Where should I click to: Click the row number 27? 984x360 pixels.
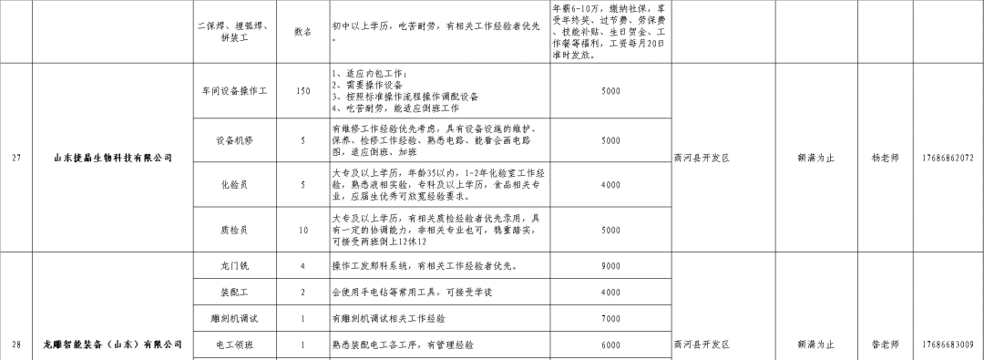pyautogui.click(x=16, y=158)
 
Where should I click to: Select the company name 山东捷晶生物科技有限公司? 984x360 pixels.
pyautogui.click(x=112, y=158)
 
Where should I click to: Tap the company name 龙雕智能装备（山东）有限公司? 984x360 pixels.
pyautogui.click(x=112, y=345)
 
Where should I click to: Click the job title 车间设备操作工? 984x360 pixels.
pyautogui.click(x=235, y=91)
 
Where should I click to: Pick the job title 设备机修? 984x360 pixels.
pyautogui.click(x=235, y=140)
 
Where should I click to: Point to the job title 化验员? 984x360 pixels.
pyautogui.click(x=235, y=184)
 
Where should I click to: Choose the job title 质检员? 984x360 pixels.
pyautogui.click(x=235, y=229)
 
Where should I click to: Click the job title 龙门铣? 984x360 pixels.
pyautogui.click(x=235, y=266)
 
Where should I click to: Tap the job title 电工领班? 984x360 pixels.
pyautogui.click(x=235, y=345)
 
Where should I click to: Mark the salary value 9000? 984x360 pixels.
pyautogui.click(x=610, y=266)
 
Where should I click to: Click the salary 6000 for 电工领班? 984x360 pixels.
pyautogui.click(x=610, y=345)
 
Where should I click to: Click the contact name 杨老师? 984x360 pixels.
pyautogui.click(x=885, y=158)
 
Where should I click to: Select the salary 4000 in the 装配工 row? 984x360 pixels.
pyautogui.click(x=610, y=292)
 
